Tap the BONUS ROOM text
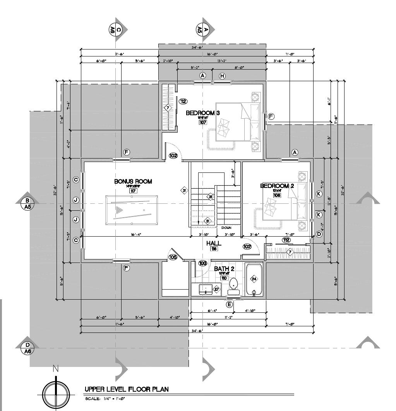tap(133, 181)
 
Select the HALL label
tap(214, 243)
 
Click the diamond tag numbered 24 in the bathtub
tap(254, 278)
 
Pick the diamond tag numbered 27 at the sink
tap(216, 289)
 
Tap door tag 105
tap(173, 257)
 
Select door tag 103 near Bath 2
tap(202, 263)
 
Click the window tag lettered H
tap(222, 76)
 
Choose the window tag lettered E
tap(230, 305)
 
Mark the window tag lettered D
tap(319, 234)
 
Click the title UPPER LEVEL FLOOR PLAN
tap(127, 389)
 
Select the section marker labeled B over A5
tap(27, 203)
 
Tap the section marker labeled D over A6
tap(27, 348)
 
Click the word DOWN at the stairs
tap(226, 228)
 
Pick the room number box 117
tap(133, 191)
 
